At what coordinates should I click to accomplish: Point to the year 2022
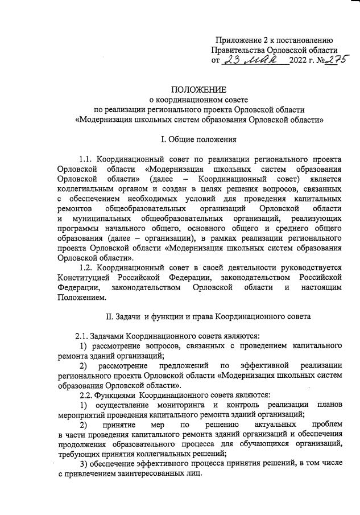point(300,60)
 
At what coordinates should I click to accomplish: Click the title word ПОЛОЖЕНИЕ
point(199,89)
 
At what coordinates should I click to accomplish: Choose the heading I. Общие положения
point(199,139)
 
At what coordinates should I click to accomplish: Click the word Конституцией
point(85,277)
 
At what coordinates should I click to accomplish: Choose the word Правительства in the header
point(238,50)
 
